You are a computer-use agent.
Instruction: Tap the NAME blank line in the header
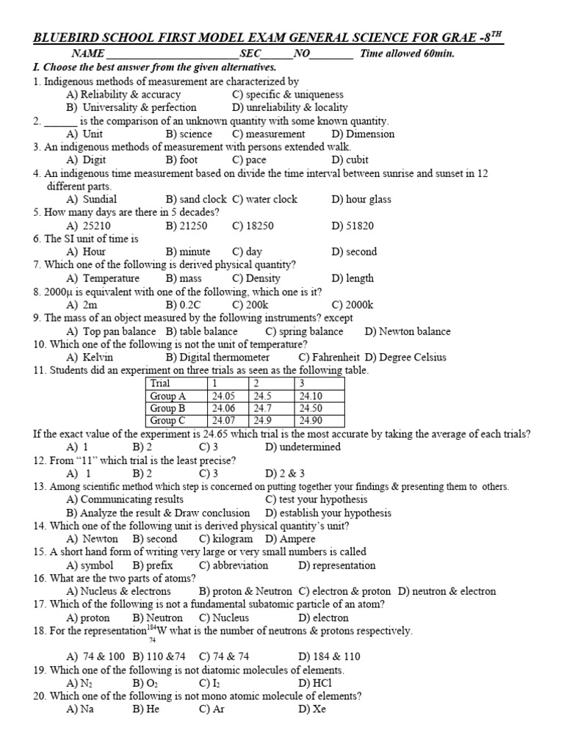[x=173, y=54]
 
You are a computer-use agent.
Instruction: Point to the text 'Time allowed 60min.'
[x=408, y=54]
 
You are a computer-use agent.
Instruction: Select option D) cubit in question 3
[x=350, y=159]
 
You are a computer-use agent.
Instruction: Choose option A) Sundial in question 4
[x=91, y=199]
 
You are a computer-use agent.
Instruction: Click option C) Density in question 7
[x=256, y=278]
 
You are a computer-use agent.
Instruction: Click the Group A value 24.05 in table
[x=224, y=396]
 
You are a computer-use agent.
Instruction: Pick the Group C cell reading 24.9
[x=264, y=421]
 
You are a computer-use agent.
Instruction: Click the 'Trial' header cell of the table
[x=160, y=383]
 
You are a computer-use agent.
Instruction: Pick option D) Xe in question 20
[x=312, y=709]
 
